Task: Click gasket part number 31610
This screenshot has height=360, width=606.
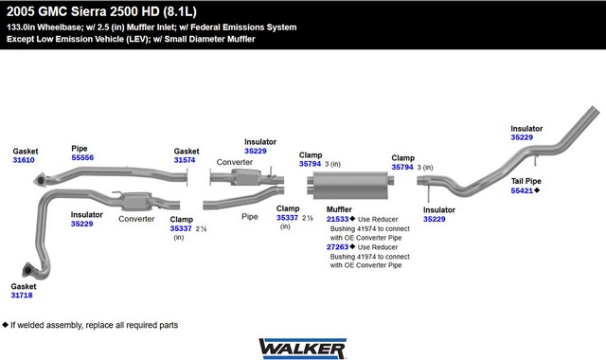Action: tap(24, 160)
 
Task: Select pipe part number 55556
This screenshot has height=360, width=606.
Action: tap(82, 157)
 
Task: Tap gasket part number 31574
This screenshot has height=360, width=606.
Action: tap(185, 160)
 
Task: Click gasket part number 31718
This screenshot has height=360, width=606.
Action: tap(22, 295)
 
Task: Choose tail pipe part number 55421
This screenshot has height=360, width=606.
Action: tap(522, 190)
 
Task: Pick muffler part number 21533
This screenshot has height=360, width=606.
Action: tap(337, 219)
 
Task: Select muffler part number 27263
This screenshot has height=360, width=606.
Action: tap(337, 246)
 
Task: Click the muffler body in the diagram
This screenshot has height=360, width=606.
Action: tap(350, 186)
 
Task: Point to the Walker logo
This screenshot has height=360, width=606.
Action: tap(302, 349)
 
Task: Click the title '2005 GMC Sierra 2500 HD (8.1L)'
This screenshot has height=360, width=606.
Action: tap(101, 11)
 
